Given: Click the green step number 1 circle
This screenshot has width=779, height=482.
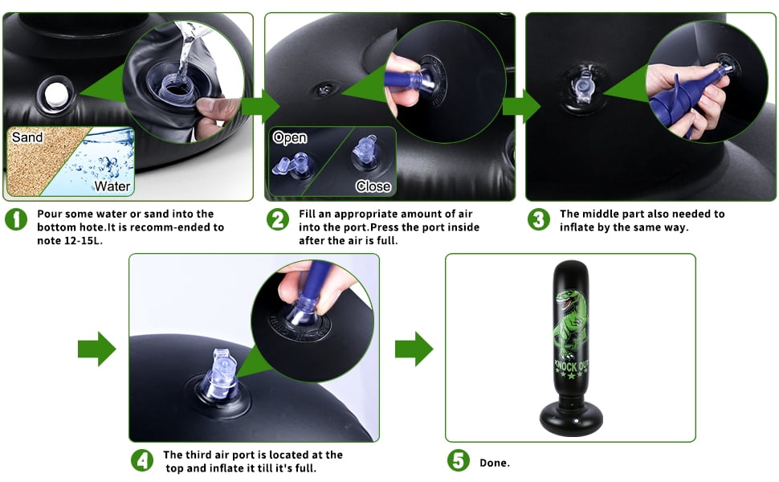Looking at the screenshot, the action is pos(16,219).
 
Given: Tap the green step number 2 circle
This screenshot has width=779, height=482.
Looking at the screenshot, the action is pos(278,219).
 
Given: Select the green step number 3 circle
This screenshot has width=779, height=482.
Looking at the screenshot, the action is pos(539,219).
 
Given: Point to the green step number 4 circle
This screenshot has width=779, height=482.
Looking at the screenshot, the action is pos(142,460).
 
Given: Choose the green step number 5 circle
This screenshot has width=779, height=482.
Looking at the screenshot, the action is pos(458,460).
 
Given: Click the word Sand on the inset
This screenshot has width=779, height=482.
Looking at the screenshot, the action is pos(27,137).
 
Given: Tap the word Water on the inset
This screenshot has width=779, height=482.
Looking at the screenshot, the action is pos(112,186).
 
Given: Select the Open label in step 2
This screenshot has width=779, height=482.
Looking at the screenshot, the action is pos(290,137).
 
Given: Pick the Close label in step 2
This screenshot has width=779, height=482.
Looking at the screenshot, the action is pos(373,186).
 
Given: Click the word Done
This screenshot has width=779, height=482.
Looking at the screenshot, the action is pos(495,463).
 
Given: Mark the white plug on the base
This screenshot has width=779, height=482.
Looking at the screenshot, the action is pos(55,94).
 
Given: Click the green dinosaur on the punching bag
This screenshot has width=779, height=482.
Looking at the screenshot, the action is pos(571,323).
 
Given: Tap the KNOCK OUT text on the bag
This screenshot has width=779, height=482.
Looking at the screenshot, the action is pos(571,366).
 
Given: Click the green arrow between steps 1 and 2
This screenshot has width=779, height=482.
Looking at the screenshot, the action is pos(261,106).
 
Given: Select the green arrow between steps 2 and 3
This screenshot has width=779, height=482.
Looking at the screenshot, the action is pos(522,106).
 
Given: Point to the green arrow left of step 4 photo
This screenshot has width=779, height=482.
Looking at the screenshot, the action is pos(97,349).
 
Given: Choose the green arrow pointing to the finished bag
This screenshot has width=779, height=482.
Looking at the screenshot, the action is pos(414,349).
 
